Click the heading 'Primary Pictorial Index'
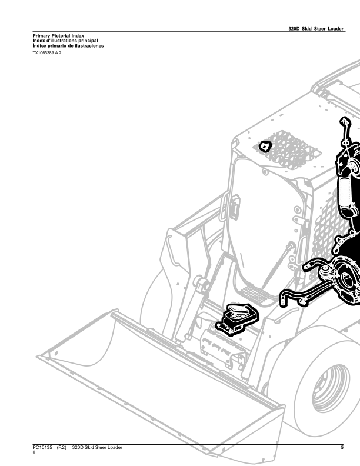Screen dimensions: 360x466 pos(58,36)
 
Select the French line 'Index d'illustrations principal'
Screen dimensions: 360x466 pos(65,41)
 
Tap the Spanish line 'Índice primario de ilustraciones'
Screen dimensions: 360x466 pos(68,46)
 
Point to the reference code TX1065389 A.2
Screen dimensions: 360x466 pos(47,53)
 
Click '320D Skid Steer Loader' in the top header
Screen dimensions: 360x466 pos(316,28)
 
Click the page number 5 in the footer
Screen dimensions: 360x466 pos(342,447)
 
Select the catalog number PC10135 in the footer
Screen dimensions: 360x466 pos(42,447)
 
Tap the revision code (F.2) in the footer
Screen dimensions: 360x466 pos(62,447)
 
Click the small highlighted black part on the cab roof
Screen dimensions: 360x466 pos(265,147)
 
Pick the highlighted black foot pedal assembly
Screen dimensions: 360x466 pos(238,318)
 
